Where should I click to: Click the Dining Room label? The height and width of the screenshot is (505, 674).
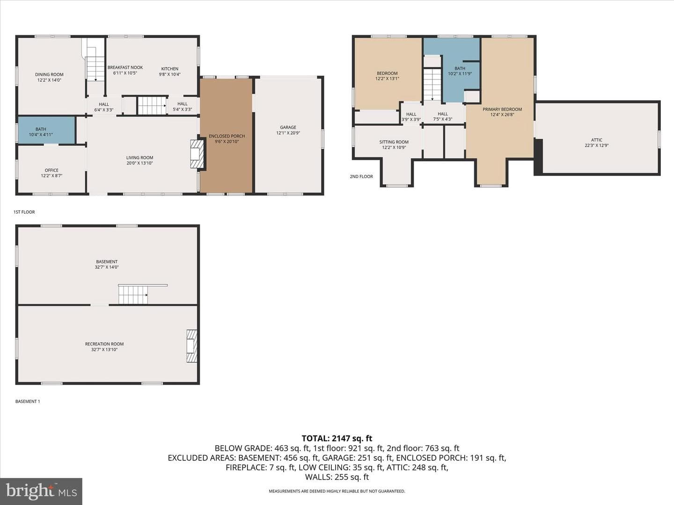49,74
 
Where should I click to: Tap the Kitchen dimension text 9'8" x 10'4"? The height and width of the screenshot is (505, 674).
170,74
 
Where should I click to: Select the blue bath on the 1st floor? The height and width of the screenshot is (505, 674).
46,130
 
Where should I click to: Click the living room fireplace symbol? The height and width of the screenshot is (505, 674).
197,154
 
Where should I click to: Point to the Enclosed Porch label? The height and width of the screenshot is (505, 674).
227,136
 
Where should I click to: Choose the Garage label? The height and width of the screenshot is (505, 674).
288,127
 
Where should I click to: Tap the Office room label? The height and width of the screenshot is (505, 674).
51,170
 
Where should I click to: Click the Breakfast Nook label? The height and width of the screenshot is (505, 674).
125,67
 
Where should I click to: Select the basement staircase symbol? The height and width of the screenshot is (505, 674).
133,295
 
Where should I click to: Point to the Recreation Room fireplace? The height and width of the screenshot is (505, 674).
192,346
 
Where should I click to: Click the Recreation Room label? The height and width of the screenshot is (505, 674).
104,344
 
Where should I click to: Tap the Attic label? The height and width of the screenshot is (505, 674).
597,140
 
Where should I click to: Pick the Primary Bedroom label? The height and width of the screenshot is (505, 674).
502,109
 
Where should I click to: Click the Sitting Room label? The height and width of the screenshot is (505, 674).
394,142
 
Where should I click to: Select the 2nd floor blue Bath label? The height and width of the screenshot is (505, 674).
460,68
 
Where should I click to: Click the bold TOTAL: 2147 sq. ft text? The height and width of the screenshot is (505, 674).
337,439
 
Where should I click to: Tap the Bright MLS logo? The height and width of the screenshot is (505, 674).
41,491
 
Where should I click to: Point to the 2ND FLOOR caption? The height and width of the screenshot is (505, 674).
361,177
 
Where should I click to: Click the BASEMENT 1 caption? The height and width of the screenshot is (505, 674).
28,401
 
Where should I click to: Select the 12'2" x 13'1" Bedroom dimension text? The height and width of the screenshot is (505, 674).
387,79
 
